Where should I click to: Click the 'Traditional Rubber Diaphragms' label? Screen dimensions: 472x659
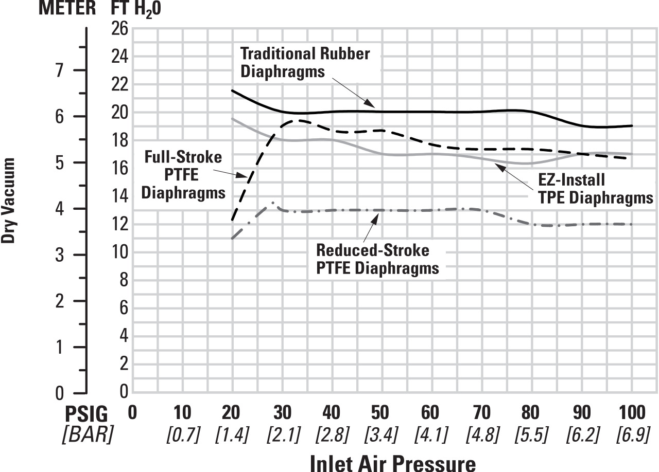pos(305,62)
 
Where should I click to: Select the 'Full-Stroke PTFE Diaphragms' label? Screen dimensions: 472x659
pos(183,175)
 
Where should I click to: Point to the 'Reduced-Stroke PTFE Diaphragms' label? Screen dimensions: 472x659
pos(377,259)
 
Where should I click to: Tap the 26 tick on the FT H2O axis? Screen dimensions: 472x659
pos(120,28)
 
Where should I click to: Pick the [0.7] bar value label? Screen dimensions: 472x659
pos(182,435)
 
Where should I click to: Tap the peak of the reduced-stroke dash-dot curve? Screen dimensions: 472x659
pos(272,203)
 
